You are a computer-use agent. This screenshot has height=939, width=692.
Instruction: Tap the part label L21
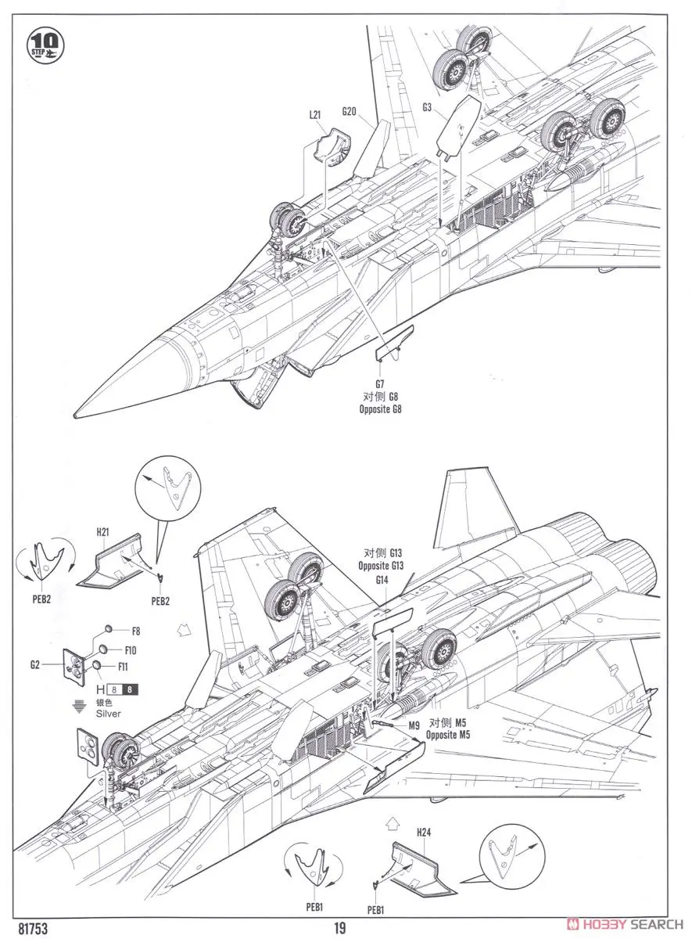315,114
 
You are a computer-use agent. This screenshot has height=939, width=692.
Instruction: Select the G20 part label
349,111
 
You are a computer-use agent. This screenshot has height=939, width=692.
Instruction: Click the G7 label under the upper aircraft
379,384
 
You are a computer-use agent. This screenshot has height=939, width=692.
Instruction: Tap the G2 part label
34,664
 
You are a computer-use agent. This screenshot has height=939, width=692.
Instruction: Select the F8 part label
135,631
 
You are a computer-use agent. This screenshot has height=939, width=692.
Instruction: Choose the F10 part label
130,649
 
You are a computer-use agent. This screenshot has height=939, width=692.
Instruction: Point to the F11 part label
123,667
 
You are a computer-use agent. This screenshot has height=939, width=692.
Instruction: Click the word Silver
109,713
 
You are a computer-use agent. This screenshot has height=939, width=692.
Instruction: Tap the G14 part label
382,580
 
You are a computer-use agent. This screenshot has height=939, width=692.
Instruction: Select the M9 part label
414,725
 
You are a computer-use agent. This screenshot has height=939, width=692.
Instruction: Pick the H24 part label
424,832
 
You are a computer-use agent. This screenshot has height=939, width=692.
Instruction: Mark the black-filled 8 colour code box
131,689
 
